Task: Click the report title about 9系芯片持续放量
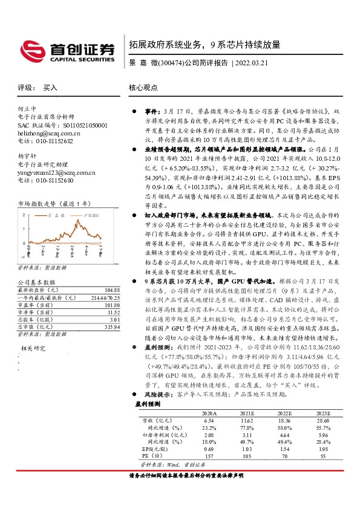[205, 45]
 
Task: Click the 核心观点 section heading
[143, 88]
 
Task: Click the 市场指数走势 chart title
[54, 204]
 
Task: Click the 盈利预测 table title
[148, 403]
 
